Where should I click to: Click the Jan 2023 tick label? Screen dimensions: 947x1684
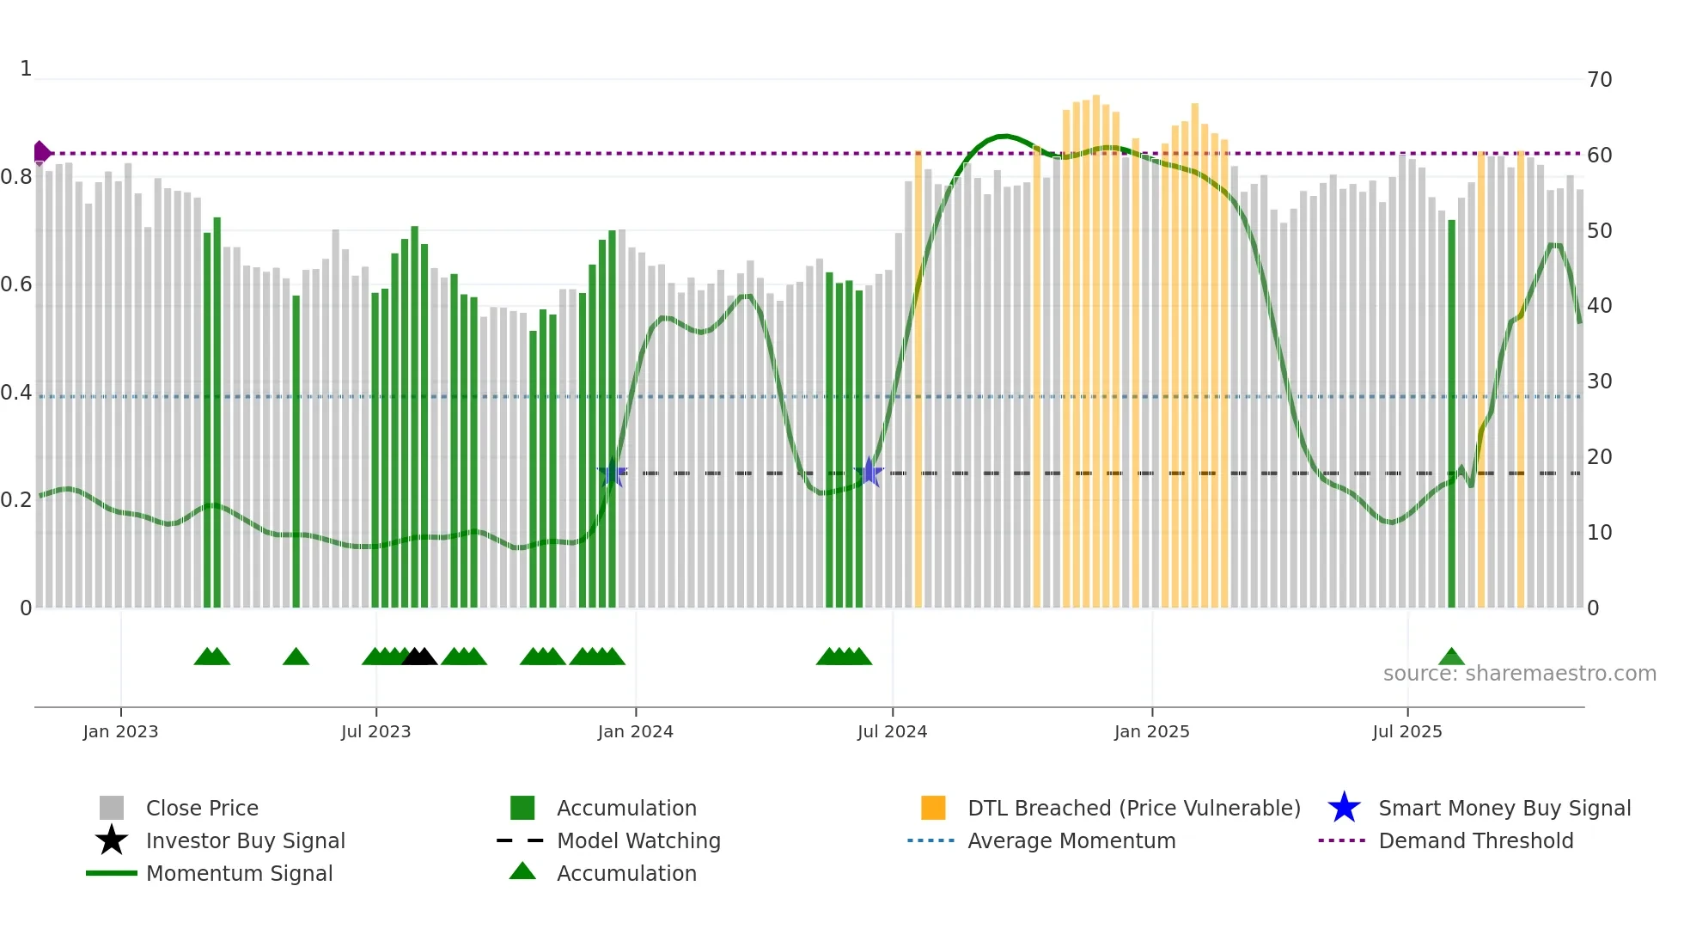[120, 731]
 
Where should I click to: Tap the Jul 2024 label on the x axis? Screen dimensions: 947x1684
[892, 731]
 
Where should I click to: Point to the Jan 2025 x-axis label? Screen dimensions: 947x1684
[1151, 731]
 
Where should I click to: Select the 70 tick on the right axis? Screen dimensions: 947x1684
[1600, 80]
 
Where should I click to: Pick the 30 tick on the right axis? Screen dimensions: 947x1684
[1600, 382]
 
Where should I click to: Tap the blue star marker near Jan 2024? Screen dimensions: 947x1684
[613, 473]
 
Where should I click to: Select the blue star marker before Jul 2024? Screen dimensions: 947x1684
[869, 472]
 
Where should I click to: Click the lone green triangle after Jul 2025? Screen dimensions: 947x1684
[1451, 657]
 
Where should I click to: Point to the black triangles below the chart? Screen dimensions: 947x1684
[419, 657]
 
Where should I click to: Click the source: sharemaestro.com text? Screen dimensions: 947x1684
[1519, 674]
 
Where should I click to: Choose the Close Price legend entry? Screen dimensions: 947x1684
[202, 809]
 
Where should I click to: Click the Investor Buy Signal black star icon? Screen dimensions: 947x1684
[112, 840]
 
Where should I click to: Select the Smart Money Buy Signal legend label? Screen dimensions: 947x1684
[1504, 809]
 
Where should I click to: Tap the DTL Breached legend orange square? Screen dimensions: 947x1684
[933, 808]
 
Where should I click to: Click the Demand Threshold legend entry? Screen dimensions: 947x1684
[1475, 841]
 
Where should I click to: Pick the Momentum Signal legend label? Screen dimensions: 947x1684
[239, 874]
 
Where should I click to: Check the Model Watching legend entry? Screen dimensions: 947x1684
[638, 841]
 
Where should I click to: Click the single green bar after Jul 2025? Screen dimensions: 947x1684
[1451, 412]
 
